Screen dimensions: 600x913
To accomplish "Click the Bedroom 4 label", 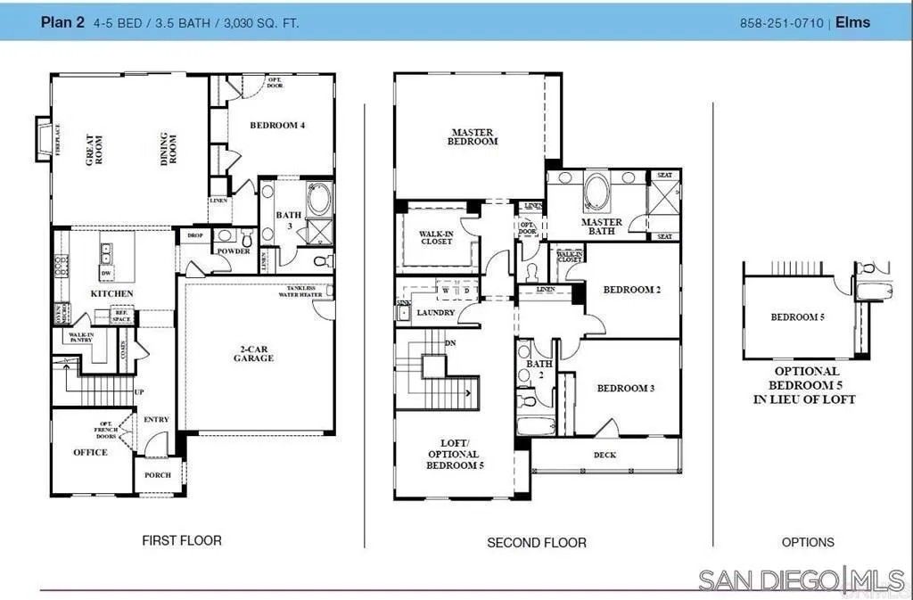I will click(277, 126).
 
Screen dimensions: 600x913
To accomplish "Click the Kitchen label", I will click(112, 293).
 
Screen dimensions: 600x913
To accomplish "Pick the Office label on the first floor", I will click(90, 452).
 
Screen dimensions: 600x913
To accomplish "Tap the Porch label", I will click(158, 475).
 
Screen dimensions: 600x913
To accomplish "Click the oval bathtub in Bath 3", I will click(319, 199).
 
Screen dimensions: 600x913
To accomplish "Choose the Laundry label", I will click(437, 313).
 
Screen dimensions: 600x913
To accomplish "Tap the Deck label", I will click(605, 456).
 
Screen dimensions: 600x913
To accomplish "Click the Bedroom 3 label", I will click(626, 388).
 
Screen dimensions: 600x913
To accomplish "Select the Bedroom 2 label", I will click(631, 290).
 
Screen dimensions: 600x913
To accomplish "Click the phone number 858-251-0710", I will click(782, 22).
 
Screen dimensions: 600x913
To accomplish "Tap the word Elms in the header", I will click(853, 22).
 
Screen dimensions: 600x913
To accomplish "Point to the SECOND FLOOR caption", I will click(537, 542).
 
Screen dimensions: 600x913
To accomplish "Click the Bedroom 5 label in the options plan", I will click(797, 317).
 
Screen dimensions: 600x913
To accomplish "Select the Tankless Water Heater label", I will click(304, 292).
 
